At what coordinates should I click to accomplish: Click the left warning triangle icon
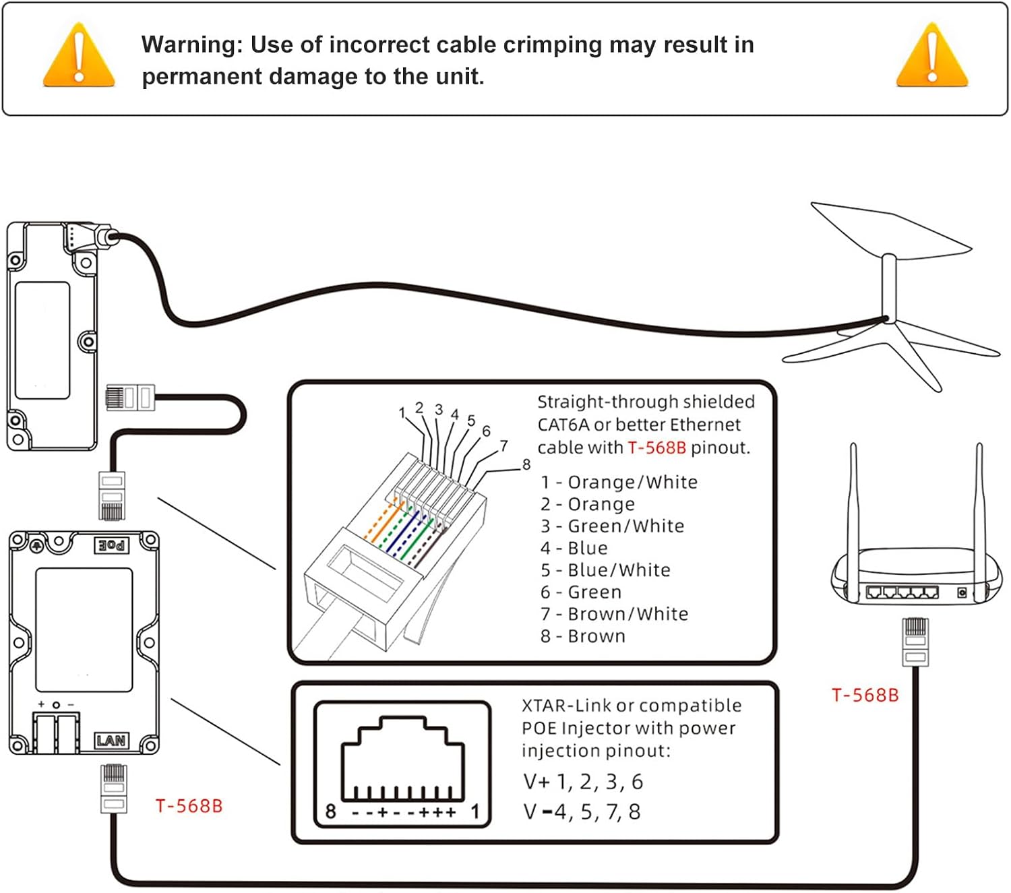pyautogui.click(x=79, y=58)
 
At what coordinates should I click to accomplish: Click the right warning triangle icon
pyautogui.click(x=932, y=58)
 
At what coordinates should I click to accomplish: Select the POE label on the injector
pyautogui.click(x=111, y=545)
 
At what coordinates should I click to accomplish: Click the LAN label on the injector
pyautogui.click(x=111, y=741)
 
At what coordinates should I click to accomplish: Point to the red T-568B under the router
pyautogui.click(x=865, y=696)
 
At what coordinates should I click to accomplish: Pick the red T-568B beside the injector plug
pyautogui.click(x=189, y=806)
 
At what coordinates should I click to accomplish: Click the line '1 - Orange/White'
pyautogui.click(x=619, y=483)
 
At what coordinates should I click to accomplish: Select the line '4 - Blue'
pyautogui.click(x=574, y=549)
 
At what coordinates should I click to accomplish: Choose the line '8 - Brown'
pyautogui.click(x=583, y=636)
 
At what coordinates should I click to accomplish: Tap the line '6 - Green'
pyautogui.click(x=581, y=592)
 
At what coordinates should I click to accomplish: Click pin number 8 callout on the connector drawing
pyautogui.click(x=526, y=464)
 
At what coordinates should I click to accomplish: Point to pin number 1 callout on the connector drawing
pyautogui.click(x=402, y=412)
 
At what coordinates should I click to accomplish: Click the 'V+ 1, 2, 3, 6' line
pyautogui.click(x=583, y=782)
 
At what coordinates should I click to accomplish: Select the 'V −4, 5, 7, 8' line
pyautogui.click(x=582, y=812)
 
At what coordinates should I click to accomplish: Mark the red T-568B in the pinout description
pyautogui.click(x=656, y=448)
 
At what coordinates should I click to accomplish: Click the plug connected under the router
pyautogui.click(x=915, y=641)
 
